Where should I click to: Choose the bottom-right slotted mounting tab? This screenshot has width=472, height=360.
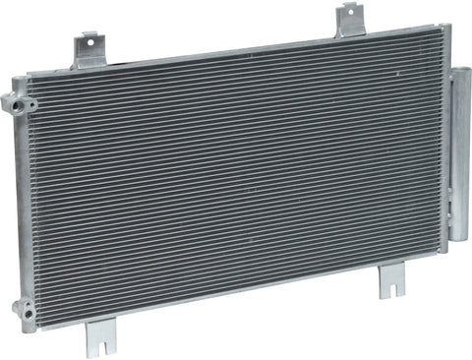(391, 285)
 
